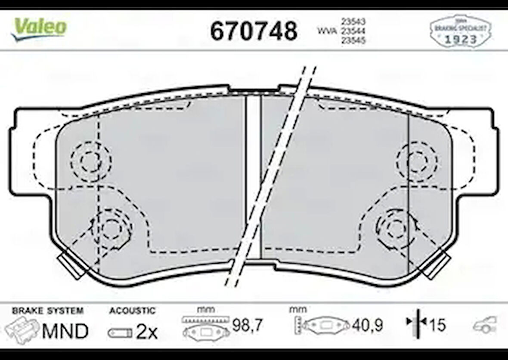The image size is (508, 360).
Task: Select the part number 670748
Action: (254, 31)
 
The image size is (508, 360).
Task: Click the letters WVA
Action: (327, 31)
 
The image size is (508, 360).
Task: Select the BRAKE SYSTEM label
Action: (48, 311)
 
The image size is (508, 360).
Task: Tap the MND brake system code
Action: (65, 331)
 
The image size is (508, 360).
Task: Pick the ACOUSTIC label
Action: (132, 311)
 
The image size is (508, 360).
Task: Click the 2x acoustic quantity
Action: (147, 332)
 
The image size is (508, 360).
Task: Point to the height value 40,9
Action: (367, 326)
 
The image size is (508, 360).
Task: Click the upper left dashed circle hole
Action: (91, 161)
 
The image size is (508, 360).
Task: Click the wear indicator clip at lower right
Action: (437, 264)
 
